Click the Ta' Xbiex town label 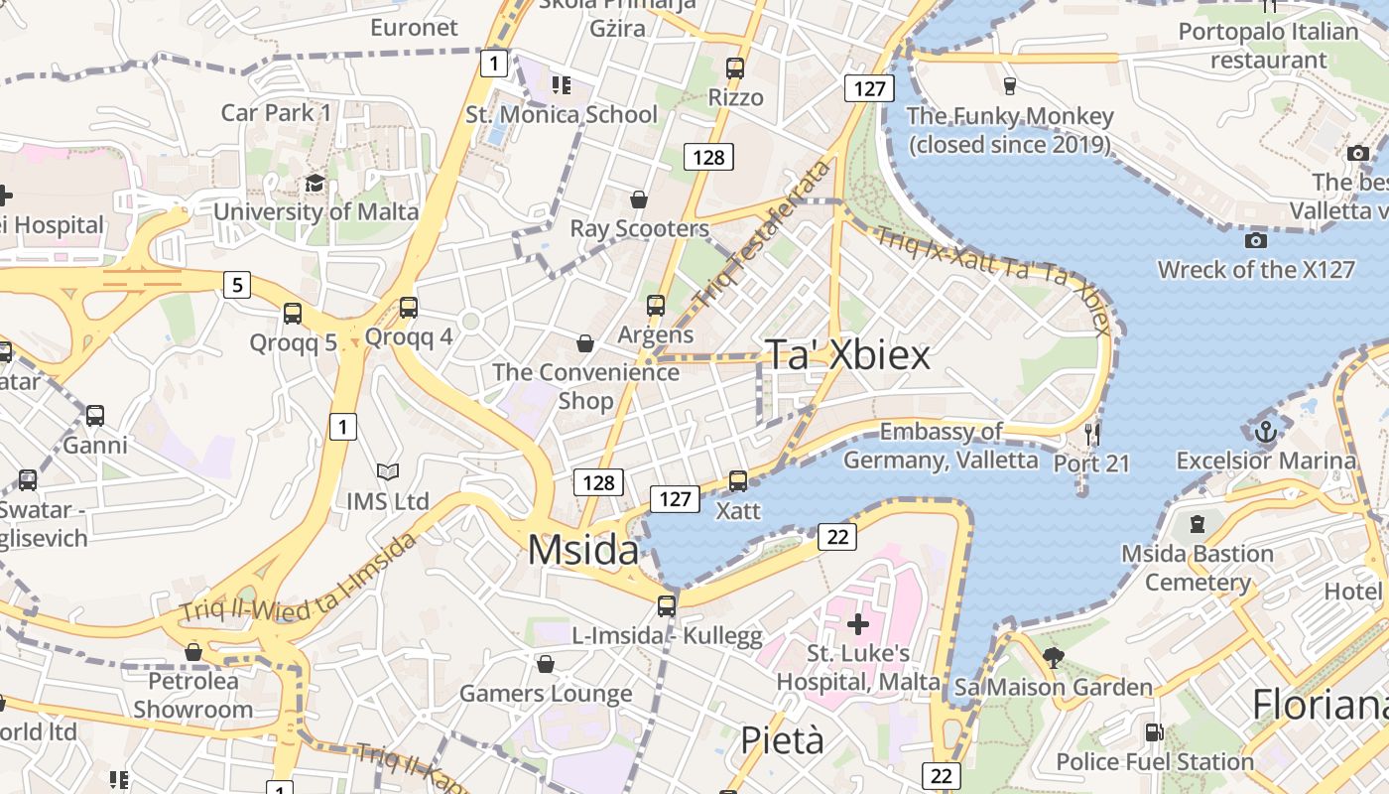tap(847, 355)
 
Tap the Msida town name tap(582, 549)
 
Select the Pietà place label tap(783, 740)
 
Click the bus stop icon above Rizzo tap(735, 68)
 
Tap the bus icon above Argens tap(655, 305)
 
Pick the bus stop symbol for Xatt tap(738, 481)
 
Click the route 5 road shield tap(236, 286)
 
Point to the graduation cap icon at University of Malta tap(315, 183)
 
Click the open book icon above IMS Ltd tap(388, 471)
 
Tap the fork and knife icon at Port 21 tap(1092, 433)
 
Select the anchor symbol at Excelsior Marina tap(1265, 432)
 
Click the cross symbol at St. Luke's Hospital tap(858, 624)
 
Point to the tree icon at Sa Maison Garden tap(1054, 656)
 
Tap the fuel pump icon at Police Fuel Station tap(1154, 732)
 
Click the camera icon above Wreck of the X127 tap(1255, 240)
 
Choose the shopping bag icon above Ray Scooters tap(639, 199)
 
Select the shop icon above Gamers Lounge tap(545, 663)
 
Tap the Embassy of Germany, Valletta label tap(941, 446)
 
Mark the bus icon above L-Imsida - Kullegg tap(667, 604)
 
